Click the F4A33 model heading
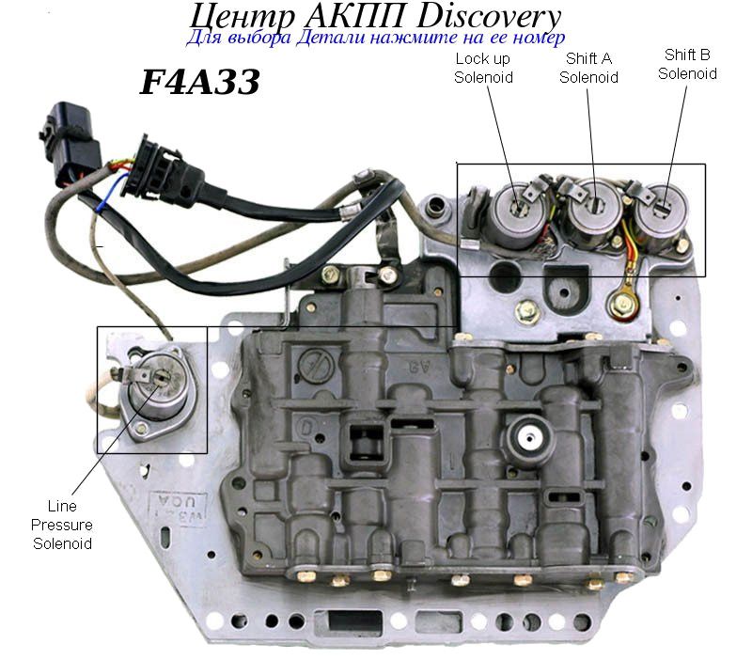coord(199,82)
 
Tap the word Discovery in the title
coord(488,17)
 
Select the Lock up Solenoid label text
coord(483,68)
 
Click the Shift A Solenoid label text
coord(588,68)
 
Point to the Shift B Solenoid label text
coord(687,64)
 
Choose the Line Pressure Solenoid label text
coord(62,525)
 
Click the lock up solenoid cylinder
coord(518,217)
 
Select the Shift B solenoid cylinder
coord(663,216)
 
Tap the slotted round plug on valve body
coord(315,365)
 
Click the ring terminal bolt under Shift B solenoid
coord(623,303)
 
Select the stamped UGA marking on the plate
coord(179,510)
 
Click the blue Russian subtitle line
coord(375,38)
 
